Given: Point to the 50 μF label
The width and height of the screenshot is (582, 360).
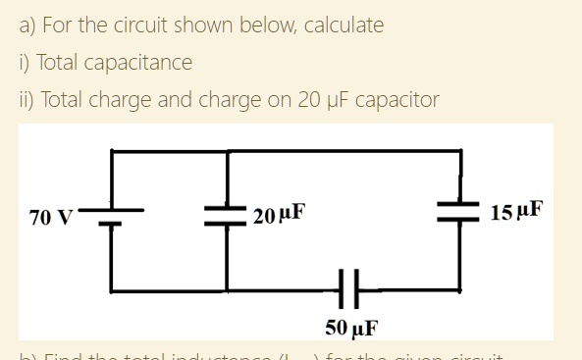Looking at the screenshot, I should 351,327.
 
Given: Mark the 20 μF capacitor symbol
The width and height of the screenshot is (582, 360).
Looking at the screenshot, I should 228,216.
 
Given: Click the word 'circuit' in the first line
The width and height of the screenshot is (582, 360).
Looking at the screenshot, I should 138,25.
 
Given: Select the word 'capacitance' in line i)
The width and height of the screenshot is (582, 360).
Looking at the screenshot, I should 139,63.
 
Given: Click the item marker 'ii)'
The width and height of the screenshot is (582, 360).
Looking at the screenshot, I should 26,100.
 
